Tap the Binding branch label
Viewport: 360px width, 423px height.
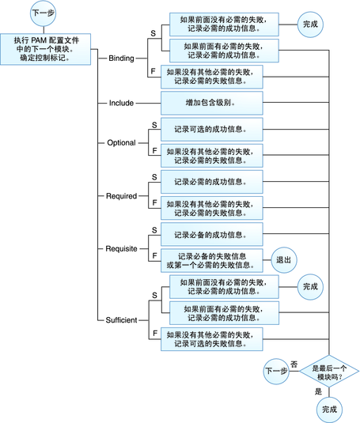[121, 59]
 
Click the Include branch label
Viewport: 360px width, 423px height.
[120, 103]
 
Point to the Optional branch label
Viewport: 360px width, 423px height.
[121, 143]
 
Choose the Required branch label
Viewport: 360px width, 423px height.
[121, 195]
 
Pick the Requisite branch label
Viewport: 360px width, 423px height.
[121, 248]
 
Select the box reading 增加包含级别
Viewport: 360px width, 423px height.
[210, 103]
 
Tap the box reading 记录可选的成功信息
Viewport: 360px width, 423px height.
[210, 129]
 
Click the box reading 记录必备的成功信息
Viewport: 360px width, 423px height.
[210, 235]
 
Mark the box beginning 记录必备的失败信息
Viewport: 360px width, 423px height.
[210, 260]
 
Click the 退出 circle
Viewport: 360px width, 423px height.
[282, 259]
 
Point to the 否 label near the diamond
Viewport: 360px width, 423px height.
[294, 363]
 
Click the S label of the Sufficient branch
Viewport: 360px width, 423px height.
[153, 295]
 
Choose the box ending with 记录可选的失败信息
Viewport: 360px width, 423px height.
[210, 339]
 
